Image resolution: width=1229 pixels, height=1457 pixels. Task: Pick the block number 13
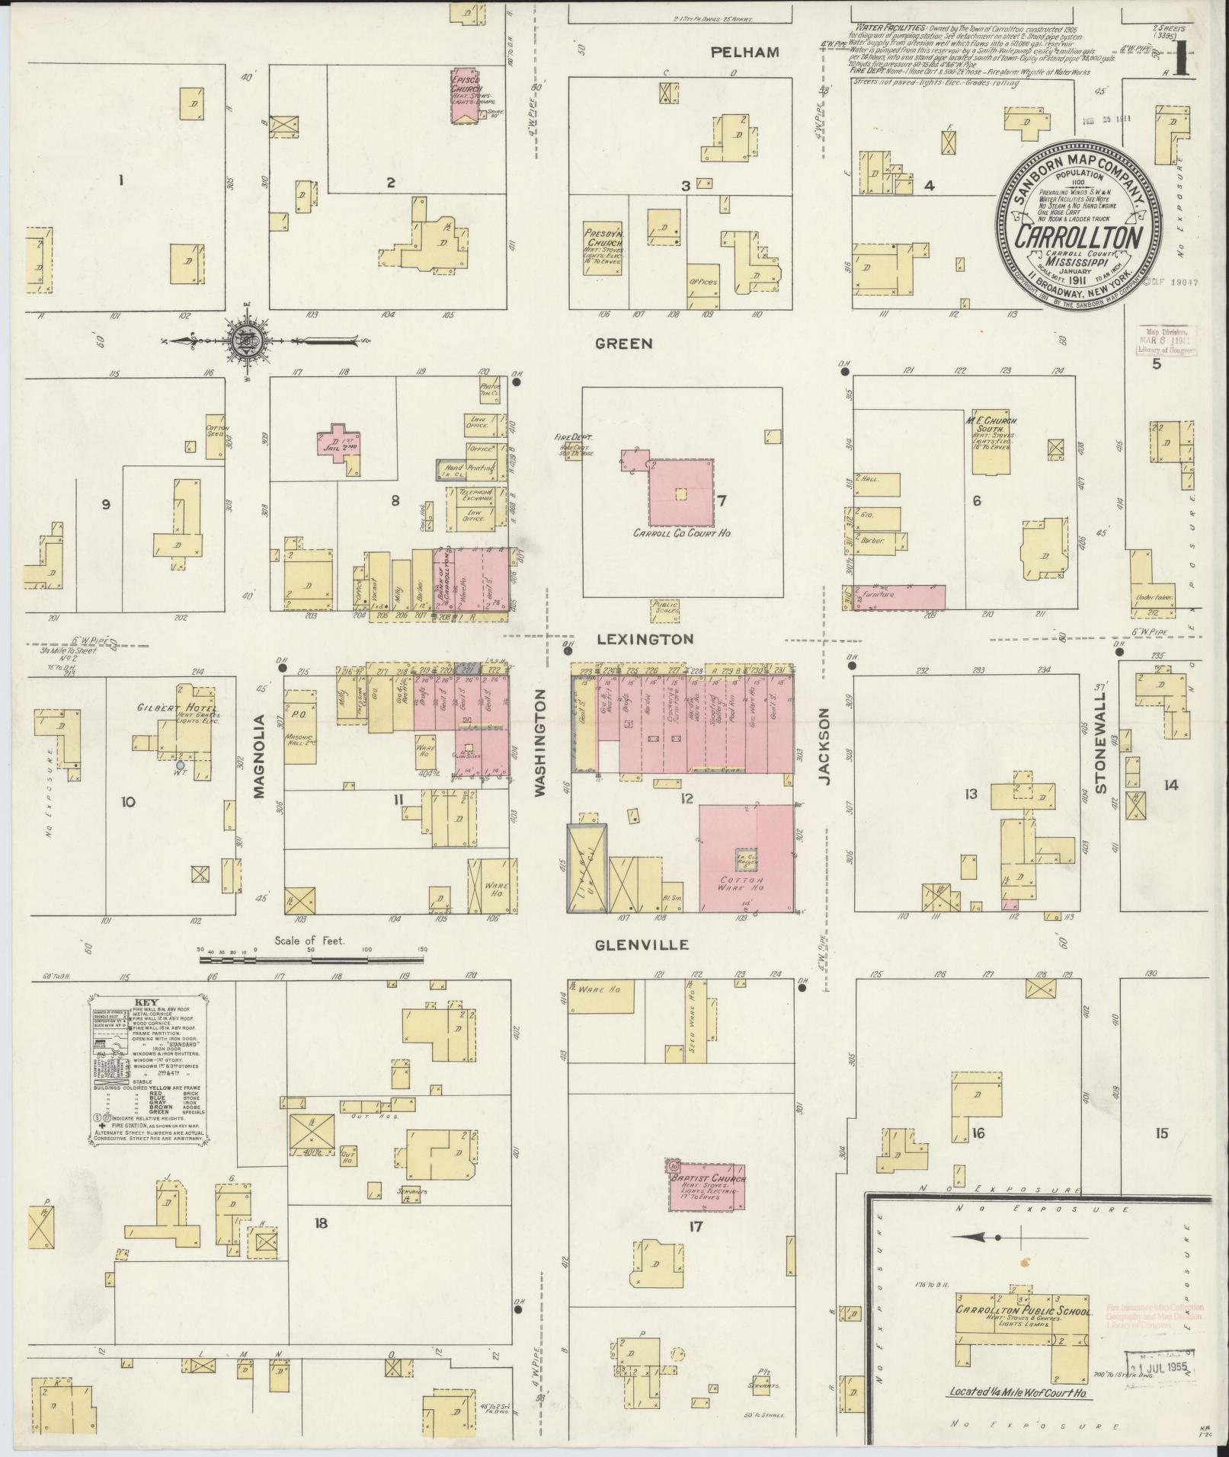(x=970, y=794)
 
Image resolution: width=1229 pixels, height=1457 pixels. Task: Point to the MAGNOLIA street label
(x=258, y=756)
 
